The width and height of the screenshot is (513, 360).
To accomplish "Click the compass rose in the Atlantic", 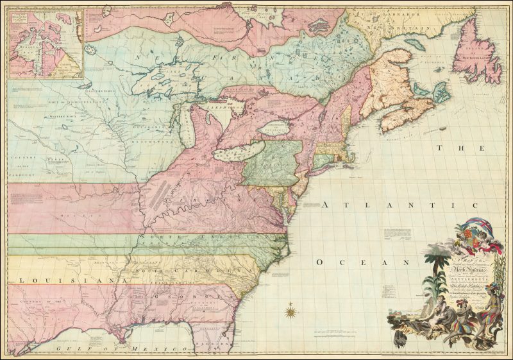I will point(290,313).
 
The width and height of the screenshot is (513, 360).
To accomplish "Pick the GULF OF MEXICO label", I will point(83,347).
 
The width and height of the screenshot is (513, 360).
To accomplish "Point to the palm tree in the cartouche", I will point(434,270).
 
